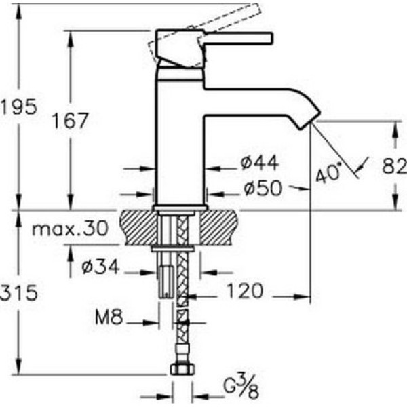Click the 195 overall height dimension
[19, 107]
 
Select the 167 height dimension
[71, 121]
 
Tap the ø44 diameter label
[260, 163]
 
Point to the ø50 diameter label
[263, 188]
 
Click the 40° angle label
[328, 172]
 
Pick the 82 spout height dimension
[394, 166]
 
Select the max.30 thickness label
[70, 229]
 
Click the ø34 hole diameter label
[100, 267]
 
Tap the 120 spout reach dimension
[246, 291]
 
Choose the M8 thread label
[109, 317]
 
